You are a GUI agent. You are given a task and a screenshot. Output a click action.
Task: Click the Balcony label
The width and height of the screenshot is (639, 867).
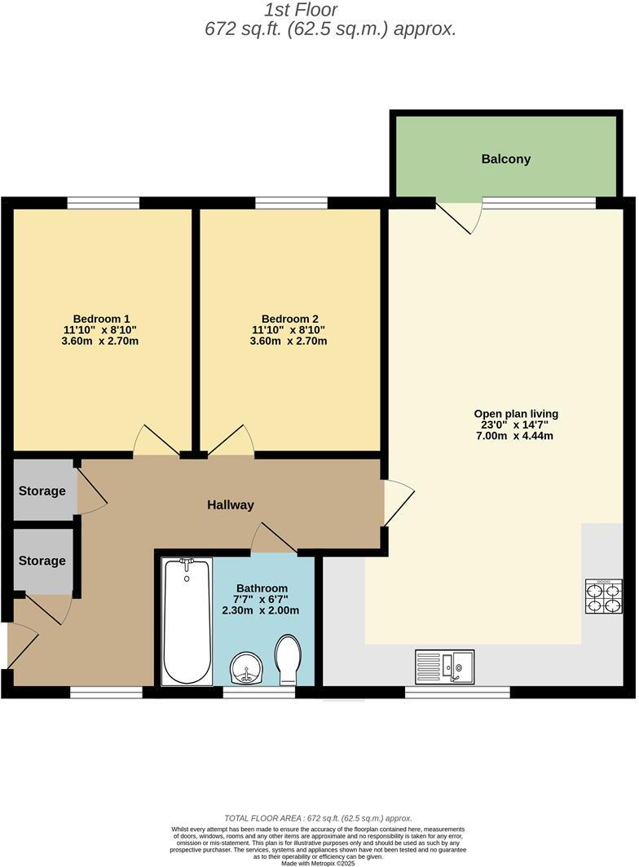[505, 159]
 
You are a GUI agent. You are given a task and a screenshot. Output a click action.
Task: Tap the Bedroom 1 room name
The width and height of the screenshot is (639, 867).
[102, 319]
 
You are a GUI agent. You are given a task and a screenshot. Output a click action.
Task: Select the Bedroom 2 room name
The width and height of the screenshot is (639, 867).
[289, 319]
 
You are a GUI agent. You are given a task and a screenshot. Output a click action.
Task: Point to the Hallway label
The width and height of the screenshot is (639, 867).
[230, 505]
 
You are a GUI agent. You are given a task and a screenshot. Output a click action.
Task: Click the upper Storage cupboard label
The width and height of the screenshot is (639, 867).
[42, 491]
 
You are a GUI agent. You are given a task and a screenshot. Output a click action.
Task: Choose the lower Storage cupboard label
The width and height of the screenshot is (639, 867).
[42, 561]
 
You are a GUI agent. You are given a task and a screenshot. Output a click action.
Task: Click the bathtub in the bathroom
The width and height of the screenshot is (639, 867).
[187, 621]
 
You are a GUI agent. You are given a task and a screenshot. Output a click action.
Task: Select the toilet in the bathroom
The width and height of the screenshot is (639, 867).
[289, 660]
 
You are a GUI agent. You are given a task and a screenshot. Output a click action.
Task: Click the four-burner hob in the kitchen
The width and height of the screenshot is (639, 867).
[603, 596]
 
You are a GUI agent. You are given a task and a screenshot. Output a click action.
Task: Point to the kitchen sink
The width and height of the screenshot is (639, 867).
[444, 664]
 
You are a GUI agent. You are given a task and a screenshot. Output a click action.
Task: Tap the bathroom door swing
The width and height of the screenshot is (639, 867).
[272, 539]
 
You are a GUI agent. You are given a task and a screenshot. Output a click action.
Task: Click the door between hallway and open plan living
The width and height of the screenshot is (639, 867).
[397, 502]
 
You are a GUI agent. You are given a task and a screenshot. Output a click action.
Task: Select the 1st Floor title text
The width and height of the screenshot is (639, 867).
[301, 11]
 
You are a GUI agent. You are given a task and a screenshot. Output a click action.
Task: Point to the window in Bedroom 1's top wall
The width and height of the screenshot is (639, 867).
[104, 203]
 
